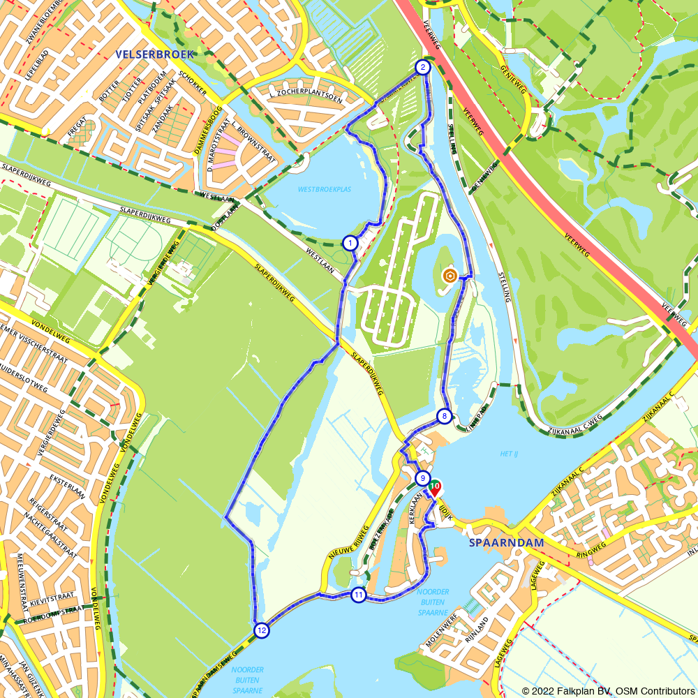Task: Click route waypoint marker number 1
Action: (x=350, y=243)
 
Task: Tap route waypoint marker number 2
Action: (x=422, y=68)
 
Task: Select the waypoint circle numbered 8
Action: (x=444, y=417)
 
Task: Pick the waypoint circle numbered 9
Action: (x=422, y=478)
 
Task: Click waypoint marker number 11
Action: (x=358, y=595)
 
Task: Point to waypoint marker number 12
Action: (x=261, y=630)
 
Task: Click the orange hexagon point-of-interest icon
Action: (x=450, y=276)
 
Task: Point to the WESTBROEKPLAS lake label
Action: (x=325, y=189)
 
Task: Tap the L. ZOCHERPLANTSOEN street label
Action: (x=306, y=98)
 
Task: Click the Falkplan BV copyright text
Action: (x=608, y=690)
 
